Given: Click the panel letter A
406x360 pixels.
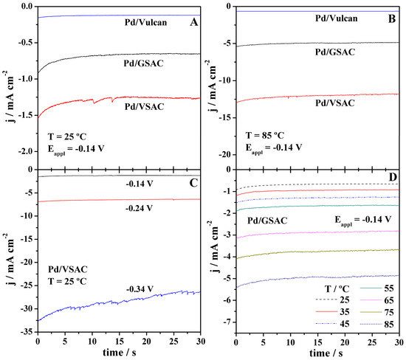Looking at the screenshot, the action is pos(194,22).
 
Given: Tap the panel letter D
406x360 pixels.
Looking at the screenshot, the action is pos(393,177).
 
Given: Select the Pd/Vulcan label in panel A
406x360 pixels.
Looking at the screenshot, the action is pos(145,22).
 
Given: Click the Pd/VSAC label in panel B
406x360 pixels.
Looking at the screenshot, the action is pos(335,103).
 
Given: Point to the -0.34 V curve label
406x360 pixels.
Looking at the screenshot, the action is pos(140,288).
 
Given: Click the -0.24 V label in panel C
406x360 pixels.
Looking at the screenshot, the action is pos(140,208).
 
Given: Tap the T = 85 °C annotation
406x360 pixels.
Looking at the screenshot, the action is pos(264,135).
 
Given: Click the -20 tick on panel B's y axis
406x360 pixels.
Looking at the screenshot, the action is pos(226,155).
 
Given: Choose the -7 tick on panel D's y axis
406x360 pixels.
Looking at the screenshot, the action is pos(228,322).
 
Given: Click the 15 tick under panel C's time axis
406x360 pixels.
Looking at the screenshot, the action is pos(120,342).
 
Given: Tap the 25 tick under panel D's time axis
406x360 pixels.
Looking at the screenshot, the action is pos(372,342).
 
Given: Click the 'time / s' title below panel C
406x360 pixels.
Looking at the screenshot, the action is pos(120,353).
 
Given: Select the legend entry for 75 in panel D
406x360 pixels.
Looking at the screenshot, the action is pos(377,312).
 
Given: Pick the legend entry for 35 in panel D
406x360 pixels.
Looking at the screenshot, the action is pos(333,312).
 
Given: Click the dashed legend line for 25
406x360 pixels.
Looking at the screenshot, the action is pos(326,300).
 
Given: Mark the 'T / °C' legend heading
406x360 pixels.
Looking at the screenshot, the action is pos(337,288).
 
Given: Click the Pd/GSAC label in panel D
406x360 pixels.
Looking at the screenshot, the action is pos(267,221).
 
